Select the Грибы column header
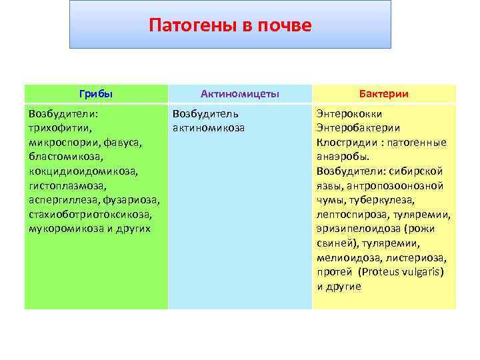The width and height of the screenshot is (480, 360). click(96, 94)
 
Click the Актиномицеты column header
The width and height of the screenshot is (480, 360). click(239, 94)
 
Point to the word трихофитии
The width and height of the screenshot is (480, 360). click(60, 127)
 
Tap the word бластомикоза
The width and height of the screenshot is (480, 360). click(66, 156)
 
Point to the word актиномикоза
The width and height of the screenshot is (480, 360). click(208, 127)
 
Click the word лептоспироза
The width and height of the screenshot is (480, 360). click(350, 215)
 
